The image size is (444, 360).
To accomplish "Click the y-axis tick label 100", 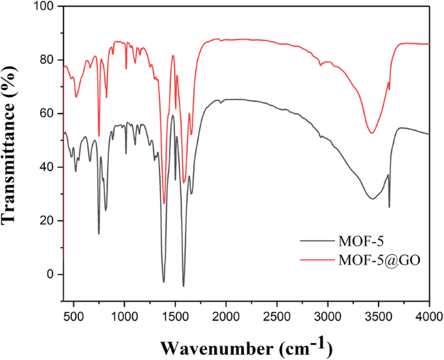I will click(45, 6).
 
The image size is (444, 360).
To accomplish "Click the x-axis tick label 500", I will click(74, 315).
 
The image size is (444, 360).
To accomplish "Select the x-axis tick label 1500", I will click(176, 315).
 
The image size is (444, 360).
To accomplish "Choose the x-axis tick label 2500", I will click(277, 315).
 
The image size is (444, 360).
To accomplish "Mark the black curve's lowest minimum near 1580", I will click(183, 286).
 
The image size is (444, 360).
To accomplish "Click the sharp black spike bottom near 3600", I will click(389, 207).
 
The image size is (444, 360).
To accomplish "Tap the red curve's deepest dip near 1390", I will click(164, 203).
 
